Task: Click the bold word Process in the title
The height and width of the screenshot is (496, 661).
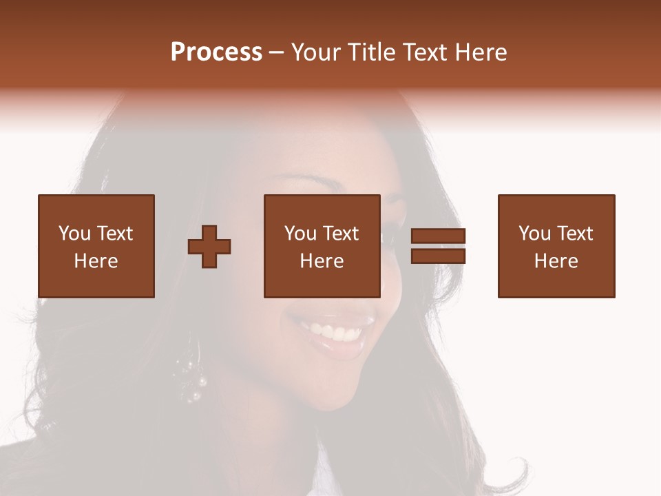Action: tap(216, 52)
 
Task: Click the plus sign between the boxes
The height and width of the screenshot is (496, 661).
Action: tap(210, 247)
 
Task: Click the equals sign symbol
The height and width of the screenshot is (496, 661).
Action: tap(438, 246)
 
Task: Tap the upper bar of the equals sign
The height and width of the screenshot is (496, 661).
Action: tap(438, 236)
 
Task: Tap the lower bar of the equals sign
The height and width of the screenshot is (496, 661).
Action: tap(438, 256)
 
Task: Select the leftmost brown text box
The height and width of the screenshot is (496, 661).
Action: tap(96, 246)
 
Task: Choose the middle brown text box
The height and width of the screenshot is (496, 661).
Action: tap(322, 246)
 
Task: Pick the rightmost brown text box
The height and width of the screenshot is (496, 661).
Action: tap(556, 246)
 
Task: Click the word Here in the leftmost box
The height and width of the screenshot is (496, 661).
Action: tap(96, 261)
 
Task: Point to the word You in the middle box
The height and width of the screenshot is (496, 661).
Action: tap(300, 234)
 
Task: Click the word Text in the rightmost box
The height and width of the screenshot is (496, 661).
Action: tap(574, 234)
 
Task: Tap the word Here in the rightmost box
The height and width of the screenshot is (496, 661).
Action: tap(556, 261)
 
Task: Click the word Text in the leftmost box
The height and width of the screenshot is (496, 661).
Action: tap(114, 234)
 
